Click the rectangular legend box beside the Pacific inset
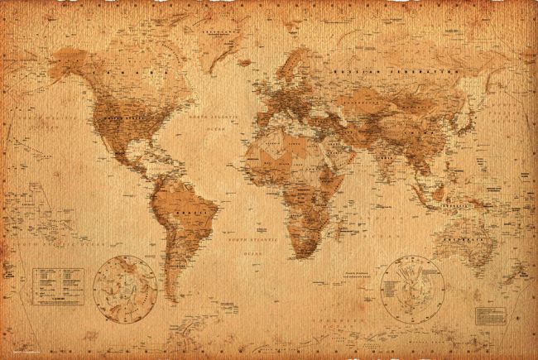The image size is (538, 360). point(58,285)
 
